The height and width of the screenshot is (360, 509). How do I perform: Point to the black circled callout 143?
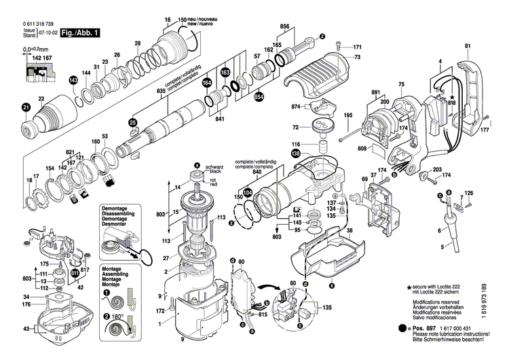click(73, 81)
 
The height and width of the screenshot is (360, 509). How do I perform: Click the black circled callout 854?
click(259, 97)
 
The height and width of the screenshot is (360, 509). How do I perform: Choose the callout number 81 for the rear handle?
click(468, 46)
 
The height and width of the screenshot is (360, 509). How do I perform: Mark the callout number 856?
click(284, 26)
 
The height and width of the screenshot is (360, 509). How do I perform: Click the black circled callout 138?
click(295, 154)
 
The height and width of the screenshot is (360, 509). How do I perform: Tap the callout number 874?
click(296, 107)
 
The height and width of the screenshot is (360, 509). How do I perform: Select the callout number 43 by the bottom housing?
click(26, 329)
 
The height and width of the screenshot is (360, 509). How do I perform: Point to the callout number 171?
click(357, 47)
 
